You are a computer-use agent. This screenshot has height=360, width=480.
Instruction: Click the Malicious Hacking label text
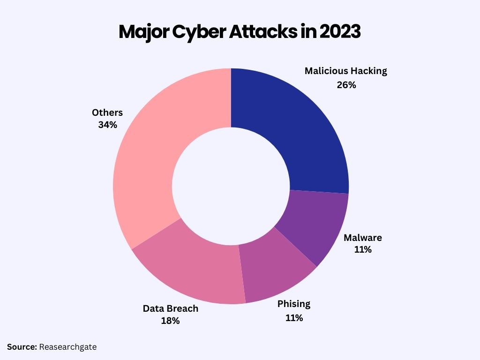point(346,71)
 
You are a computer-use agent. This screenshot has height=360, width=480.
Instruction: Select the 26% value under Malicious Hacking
point(346,85)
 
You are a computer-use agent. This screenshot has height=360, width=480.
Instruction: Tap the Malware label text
point(363,237)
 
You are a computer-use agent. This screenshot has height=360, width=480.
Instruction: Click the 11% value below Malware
point(363,250)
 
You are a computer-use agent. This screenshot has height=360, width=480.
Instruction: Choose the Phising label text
point(294,304)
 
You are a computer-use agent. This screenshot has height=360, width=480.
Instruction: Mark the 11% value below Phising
point(294,318)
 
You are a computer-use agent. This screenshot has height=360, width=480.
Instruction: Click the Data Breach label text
point(171,308)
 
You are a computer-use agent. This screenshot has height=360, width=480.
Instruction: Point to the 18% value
point(171,321)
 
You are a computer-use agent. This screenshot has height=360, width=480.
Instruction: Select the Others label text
point(107,112)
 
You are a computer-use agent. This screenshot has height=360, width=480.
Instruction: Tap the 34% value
point(107,125)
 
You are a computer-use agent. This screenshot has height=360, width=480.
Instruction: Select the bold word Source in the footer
point(22,347)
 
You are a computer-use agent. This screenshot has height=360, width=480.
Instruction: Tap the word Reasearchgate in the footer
point(68,347)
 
